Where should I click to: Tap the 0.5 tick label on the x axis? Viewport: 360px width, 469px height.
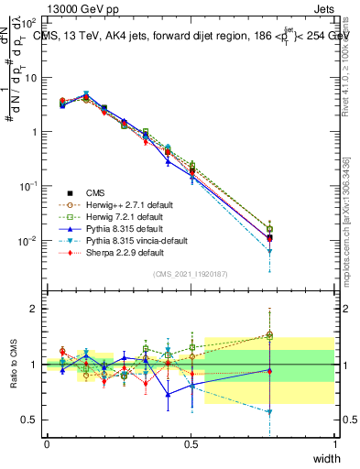coord(191,443)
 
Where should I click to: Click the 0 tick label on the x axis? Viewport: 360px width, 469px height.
coord(47,443)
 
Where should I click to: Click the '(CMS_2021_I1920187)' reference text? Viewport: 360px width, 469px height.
coord(191,274)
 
